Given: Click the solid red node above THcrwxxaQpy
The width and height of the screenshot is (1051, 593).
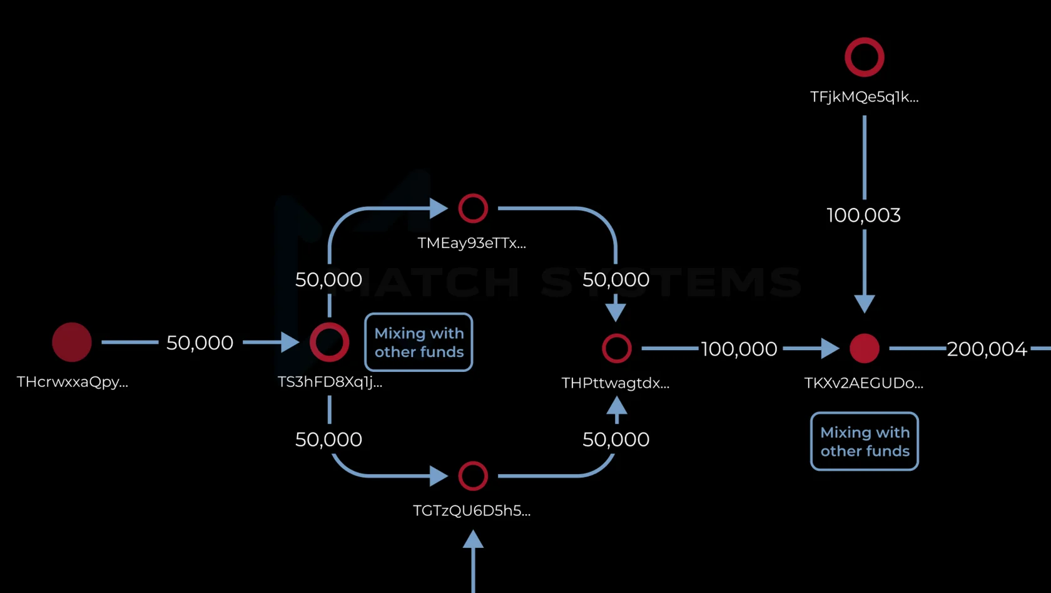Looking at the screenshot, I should [72, 342].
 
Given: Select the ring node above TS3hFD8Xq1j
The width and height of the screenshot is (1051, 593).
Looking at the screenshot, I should [329, 342].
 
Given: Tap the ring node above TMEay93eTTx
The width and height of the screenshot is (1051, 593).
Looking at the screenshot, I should [473, 208].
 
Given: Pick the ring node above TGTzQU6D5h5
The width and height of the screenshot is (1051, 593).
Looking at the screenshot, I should [473, 476].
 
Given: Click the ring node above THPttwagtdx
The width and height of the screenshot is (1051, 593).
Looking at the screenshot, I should [616, 348].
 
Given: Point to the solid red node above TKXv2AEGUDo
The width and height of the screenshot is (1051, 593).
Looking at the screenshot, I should [865, 348].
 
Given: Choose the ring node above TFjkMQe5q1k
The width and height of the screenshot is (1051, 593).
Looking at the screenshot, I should [865, 57].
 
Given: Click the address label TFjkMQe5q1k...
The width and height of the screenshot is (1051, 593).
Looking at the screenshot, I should [864, 97].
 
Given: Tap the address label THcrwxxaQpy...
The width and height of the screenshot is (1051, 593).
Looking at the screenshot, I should [73, 382].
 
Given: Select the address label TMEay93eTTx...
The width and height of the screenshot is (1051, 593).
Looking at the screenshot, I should [472, 243].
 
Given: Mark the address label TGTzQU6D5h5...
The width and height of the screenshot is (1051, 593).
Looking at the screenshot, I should [472, 511].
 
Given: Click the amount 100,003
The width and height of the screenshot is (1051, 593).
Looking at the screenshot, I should [864, 215].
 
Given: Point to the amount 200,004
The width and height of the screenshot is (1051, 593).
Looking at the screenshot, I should [987, 349].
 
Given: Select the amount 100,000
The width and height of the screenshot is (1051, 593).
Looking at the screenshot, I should [739, 349].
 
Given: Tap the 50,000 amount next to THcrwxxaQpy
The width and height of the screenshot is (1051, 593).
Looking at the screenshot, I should [200, 343].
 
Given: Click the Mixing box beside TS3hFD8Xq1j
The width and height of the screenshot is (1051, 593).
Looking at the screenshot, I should [419, 342].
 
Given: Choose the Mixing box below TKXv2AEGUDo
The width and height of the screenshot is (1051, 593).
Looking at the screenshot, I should [865, 441].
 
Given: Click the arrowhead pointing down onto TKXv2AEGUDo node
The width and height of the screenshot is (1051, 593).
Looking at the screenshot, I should [865, 304].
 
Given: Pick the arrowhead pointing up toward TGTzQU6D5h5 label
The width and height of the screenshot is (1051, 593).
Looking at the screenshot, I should [473, 539].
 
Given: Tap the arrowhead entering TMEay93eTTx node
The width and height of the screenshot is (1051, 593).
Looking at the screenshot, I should [439, 208].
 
